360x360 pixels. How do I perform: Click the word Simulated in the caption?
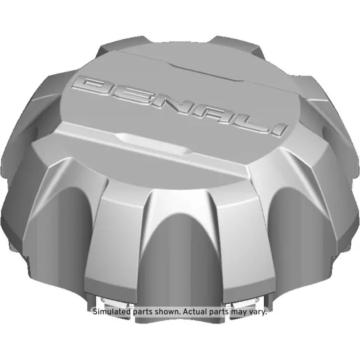(x=110, y=311)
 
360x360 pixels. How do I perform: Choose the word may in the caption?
(x=240, y=311)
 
